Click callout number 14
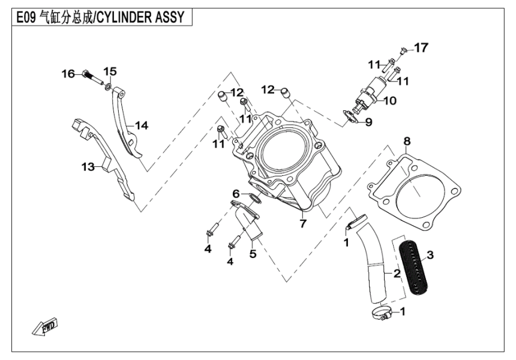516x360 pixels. pos(141,125)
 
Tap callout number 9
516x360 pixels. pos(369,122)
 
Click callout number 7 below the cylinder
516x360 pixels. pos(303,224)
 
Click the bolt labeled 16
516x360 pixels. pos(91,75)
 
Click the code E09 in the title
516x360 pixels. pos(26,16)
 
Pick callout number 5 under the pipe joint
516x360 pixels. pos(253,254)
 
